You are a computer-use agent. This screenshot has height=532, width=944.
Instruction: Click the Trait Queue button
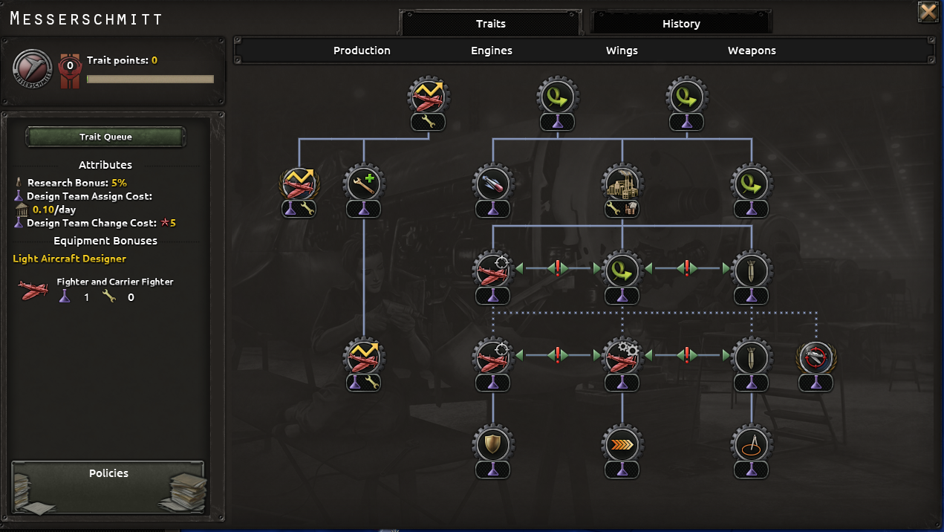105,137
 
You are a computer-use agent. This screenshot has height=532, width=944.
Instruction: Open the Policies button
108,474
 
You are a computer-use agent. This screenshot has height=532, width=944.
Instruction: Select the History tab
681,24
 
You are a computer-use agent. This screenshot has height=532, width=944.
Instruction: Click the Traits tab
490,24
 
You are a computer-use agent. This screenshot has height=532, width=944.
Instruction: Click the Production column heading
362,51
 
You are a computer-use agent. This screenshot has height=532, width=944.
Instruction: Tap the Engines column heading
492,51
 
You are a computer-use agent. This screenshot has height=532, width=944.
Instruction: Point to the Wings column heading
622,51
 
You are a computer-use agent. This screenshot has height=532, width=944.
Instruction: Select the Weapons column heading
752,51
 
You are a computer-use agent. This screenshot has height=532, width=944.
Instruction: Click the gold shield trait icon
492,444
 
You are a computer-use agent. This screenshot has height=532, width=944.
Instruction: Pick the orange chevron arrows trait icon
622,444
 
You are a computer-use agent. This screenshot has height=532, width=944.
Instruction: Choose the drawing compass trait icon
751,444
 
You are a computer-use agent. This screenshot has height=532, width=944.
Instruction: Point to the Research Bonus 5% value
119,183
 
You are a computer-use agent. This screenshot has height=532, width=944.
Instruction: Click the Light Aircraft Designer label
69,259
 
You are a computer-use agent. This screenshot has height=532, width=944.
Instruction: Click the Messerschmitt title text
86,19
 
